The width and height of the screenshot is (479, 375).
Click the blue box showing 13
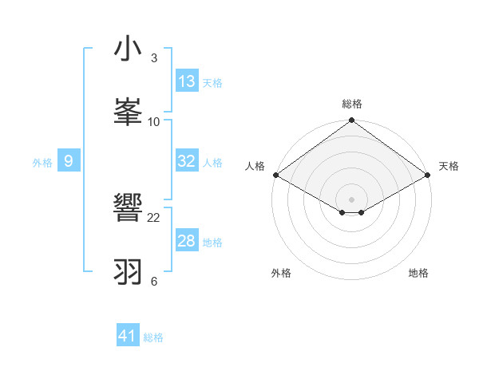coord(187,81)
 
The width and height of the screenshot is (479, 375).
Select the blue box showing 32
coord(187,161)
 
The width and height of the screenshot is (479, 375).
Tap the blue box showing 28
coord(187,241)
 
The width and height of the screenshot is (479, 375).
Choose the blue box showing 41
coord(128,336)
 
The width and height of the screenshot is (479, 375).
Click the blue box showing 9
coord(69,161)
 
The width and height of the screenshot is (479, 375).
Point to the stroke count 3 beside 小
coord(154,58)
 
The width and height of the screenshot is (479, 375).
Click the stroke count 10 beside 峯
coord(154,121)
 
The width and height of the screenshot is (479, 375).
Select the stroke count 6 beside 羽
coord(154,281)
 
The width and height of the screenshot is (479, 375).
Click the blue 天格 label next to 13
coord(212,83)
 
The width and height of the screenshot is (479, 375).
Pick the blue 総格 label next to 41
coord(153,337)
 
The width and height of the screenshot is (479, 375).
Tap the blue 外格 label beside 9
coord(42,163)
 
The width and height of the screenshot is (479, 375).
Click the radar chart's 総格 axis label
coord(352,104)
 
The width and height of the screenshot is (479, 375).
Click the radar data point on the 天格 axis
coord(429,175)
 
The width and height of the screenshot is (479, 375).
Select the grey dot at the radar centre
coord(352,199)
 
